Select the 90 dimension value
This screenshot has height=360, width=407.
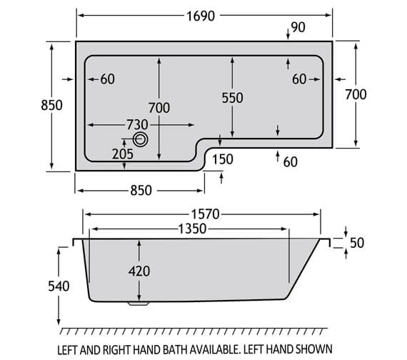(x=299, y=28)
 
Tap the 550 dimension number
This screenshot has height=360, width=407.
(x=233, y=98)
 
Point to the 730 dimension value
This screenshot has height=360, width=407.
(x=138, y=124)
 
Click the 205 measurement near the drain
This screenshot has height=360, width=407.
(x=122, y=152)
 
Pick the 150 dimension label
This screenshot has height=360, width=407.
(x=222, y=159)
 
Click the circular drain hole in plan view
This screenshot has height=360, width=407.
(x=141, y=140)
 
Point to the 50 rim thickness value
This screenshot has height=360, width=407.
(x=356, y=243)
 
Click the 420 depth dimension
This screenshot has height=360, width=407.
(x=139, y=271)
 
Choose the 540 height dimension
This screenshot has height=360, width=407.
(x=59, y=286)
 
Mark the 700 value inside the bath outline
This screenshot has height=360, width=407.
(x=159, y=108)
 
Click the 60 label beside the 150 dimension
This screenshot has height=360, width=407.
(x=289, y=162)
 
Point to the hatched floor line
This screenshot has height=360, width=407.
(x=200, y=330)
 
